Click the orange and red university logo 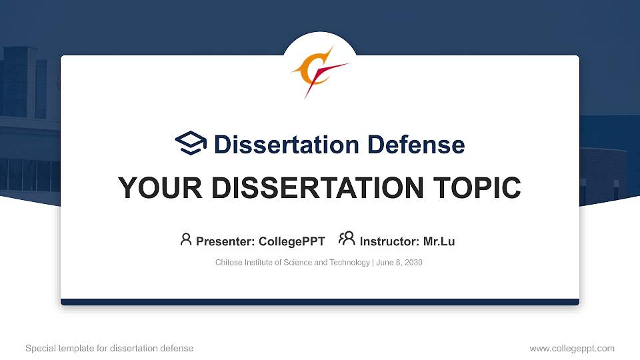319,70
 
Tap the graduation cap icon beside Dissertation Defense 191,143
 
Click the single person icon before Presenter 186,239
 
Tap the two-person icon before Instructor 347,239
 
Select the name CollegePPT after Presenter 291,241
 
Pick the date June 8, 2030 399,263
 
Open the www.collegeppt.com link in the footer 571,348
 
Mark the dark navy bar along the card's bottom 320,302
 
